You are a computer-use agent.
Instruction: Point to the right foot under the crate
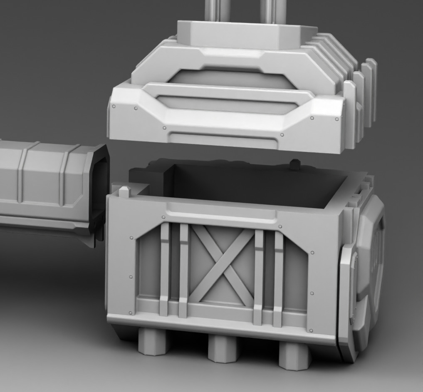coord(295,355)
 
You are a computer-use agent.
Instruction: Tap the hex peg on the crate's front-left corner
coord(124,192)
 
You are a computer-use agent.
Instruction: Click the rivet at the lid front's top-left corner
coord(114,107)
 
